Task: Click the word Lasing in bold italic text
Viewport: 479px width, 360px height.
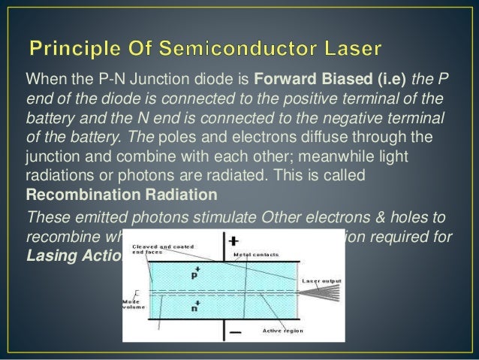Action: click(50, 255)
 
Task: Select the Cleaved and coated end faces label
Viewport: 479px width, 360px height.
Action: click(160, 250)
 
